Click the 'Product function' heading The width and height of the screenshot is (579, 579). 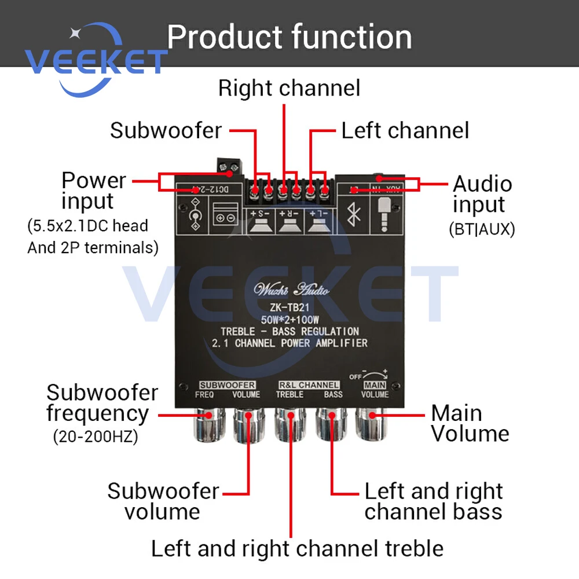289,37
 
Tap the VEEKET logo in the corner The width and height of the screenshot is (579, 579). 96,61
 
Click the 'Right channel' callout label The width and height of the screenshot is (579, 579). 289,88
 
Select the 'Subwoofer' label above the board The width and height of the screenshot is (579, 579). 166,130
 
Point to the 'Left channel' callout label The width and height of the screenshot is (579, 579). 405,130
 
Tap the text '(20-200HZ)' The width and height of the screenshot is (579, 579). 96,437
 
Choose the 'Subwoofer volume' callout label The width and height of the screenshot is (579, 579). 163,501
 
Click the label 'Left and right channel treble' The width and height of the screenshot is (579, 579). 297,548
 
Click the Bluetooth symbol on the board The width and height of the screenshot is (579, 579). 353,217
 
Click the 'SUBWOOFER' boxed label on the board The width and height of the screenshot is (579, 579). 227,385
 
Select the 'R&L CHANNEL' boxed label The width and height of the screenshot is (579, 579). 309,385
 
